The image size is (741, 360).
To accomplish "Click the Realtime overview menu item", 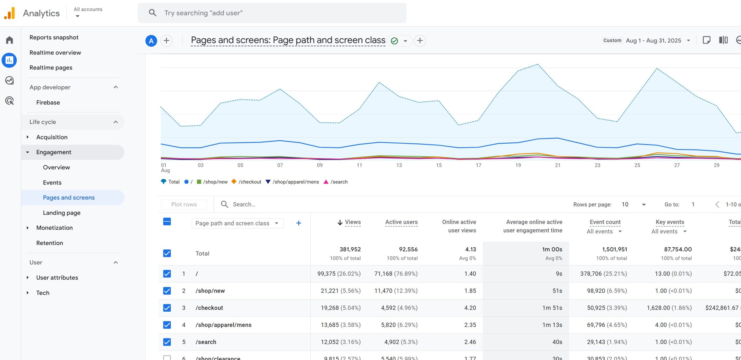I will (55, 52).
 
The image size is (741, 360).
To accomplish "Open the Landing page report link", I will (62, 213).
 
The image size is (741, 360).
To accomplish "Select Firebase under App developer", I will (48, 102).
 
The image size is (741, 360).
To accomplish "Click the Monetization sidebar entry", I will (54, 228).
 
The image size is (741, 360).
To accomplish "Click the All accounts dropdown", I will (88, 12).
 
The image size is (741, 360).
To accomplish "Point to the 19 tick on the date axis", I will (518, 165).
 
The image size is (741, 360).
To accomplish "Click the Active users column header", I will (401, 222).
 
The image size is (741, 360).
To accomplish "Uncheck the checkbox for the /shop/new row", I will (167, 290).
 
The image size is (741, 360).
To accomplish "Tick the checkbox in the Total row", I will (167, 253).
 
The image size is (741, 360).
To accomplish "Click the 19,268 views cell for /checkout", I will (340, 308).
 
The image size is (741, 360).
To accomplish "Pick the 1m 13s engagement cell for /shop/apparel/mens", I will (552, 325).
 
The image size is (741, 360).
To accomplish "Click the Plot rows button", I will (184, 204).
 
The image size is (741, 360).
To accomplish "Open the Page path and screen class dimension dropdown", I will (237, 223).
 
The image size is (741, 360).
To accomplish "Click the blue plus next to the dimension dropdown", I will (298, 223).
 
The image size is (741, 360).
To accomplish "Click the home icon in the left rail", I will (10, 40).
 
